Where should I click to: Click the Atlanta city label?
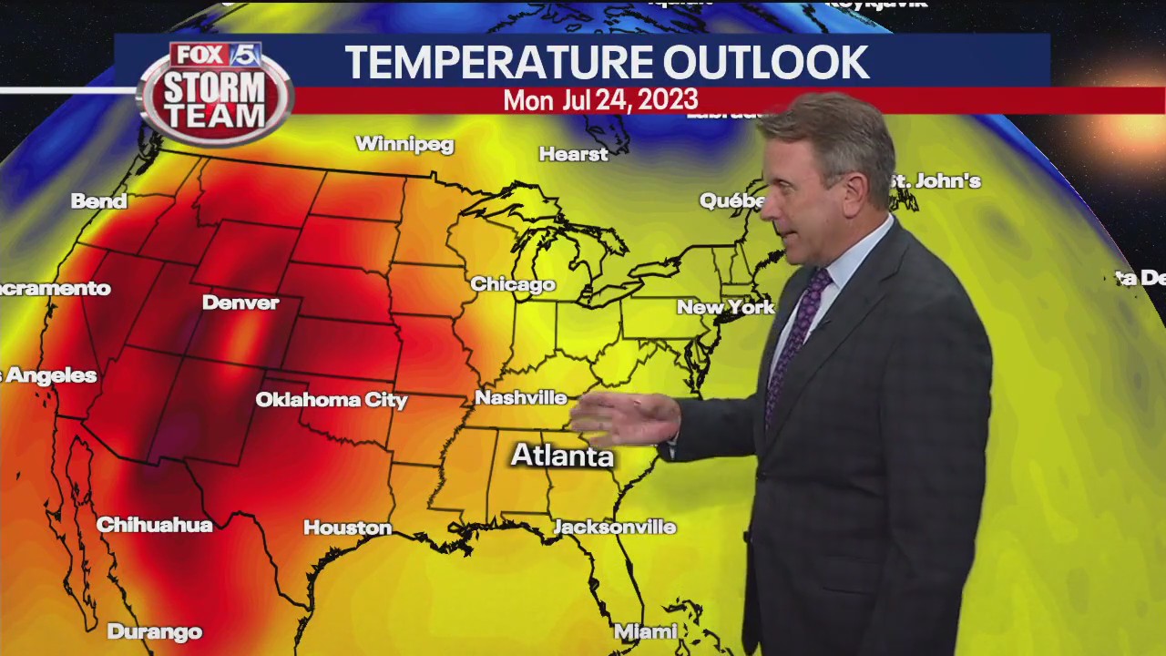(562, 456)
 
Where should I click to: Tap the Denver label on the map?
(240, 302)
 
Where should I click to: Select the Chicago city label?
(513, 284)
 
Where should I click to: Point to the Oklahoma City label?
(332, 400)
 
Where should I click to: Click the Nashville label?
(521, 397)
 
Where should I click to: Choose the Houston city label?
(347, 528)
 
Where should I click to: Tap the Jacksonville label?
(615, 527)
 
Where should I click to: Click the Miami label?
(645, 631)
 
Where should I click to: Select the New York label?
(725, 307)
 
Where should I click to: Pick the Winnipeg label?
(404, 144)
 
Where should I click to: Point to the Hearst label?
(573, 154)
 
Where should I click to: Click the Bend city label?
(98, 201)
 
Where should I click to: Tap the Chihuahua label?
(154, 525)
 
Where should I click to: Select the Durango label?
(154, 631)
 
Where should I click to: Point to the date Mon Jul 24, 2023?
(600, 100)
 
